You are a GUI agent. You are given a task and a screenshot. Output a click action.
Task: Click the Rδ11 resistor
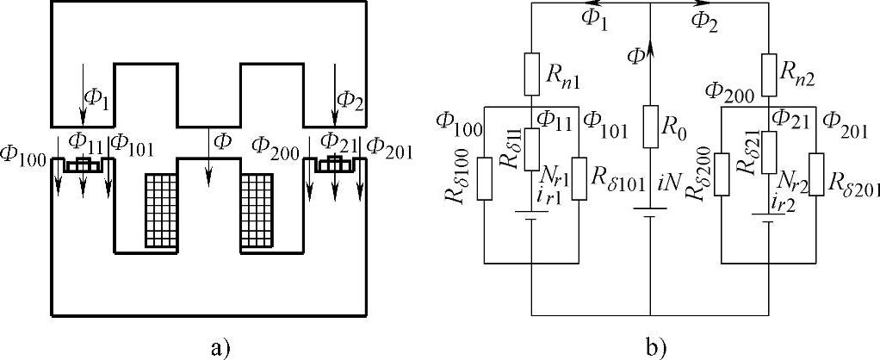532,144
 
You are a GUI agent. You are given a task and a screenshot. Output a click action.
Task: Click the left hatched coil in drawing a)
158,211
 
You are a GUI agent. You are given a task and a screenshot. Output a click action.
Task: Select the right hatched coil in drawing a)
257,211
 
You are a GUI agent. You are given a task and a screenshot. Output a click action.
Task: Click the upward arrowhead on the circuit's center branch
649,49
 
